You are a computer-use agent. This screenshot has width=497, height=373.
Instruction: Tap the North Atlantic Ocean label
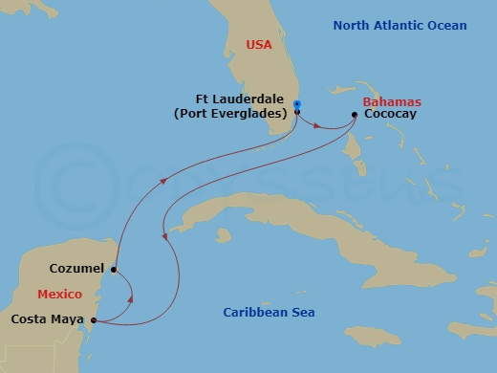coord(400,26)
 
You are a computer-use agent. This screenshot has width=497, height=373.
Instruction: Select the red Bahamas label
coord(392,101)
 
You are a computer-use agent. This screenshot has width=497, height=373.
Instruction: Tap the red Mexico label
coord(59,294)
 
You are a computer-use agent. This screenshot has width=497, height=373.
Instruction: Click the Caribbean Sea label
coord(269,313)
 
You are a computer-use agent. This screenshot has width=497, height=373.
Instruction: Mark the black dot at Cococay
coord(355,115)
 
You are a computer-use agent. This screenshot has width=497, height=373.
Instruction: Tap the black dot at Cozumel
coord(114,270)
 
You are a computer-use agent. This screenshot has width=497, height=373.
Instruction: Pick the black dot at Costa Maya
coord(93,319)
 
